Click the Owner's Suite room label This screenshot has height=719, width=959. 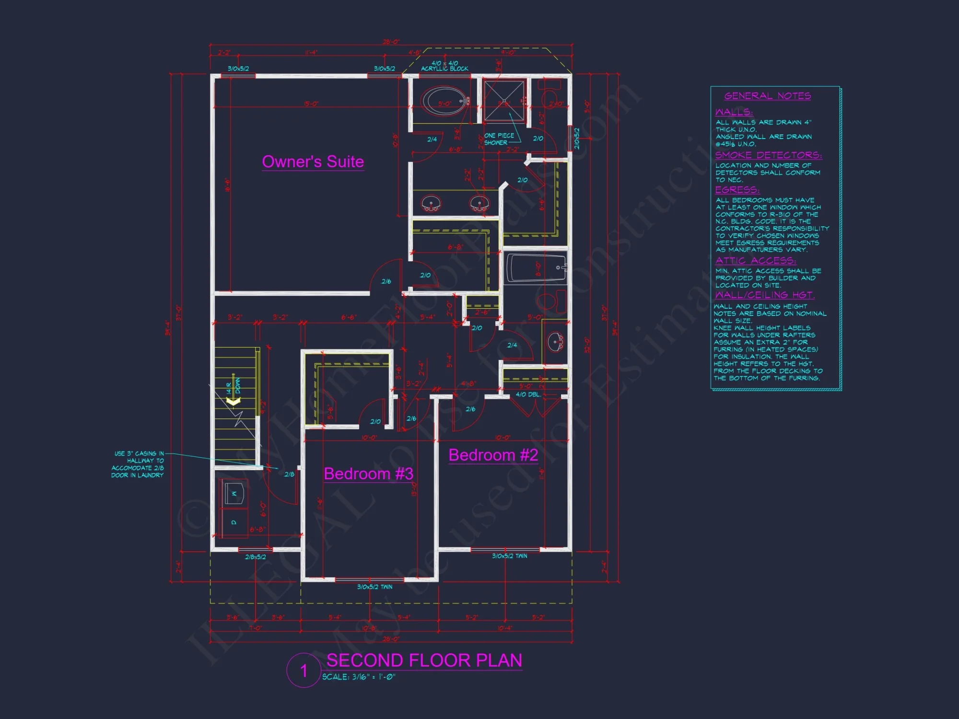(x=313, y=162)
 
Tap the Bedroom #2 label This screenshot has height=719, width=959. (x=493, y=455)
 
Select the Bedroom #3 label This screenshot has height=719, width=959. (x=368, y=474)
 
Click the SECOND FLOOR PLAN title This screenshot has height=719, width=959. (x=424, y=661)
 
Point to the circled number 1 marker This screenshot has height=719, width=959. (x=304, y=671)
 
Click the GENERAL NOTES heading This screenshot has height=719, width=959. (x=767, y=96)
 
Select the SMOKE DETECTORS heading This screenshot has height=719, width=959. (x=768, y=155)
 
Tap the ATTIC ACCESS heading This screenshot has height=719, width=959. (x=755, y=260)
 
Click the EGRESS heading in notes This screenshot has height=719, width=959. (x=737, y=190)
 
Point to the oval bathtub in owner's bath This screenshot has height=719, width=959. (x=444, y=102)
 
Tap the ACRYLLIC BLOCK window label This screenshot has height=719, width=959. (x=444, y=69)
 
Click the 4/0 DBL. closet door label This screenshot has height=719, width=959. (x=528, y=394)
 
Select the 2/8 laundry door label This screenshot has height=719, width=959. (x=289, y=474)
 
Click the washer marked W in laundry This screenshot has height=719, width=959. (x=234, y=493)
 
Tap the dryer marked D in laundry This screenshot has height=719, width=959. (x=234, y=522)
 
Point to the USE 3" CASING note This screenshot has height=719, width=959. (x=138, y=464)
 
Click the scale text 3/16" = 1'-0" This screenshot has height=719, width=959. (x=359, y=677)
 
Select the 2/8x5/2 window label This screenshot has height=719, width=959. (x=255, y=557)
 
